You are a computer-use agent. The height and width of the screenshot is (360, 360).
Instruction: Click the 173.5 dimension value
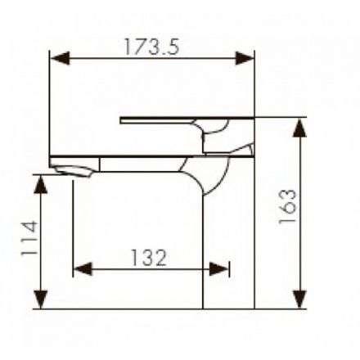152,47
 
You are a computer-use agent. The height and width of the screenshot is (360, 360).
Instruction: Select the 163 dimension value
287,206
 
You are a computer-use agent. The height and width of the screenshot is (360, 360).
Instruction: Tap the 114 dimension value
29,238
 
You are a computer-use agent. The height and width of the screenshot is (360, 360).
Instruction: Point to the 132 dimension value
149,258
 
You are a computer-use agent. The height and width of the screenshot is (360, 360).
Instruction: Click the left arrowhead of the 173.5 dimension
61,58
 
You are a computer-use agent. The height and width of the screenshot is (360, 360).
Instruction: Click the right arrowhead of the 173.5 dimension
245,58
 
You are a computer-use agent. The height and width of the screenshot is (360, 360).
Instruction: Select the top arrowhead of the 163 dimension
299,128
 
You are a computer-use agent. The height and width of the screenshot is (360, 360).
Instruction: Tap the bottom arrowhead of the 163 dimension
299,299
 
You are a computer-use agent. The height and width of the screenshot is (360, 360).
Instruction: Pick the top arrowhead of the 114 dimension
41,184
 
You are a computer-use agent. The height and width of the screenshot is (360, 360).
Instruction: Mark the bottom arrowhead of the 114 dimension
41,299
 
